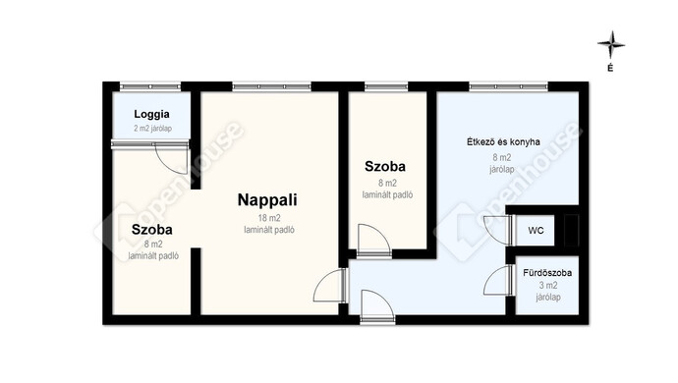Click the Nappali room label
[x=267, y=200]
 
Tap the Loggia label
[x=151, y=115]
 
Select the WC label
[x=536, y=231]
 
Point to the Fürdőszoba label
[x=547, y=273]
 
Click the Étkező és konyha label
[x=503, y=141]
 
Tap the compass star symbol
[x=611, y=44]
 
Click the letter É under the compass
[x=610, y=68]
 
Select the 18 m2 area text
[x=269, y=219]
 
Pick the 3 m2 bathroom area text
[x=548, y=286]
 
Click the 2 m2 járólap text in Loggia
[x=152, y=129]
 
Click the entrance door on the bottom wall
[x=377, y=307]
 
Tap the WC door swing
[x=497, y=230]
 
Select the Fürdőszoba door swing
[x=497, y=281]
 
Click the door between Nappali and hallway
[x=329, y=286]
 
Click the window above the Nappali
[x=271, y=86]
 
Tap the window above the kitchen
[x=509, y=86]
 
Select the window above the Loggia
[x=150, y=86]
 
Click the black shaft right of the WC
[x=571, y=230]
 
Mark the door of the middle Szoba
[x=373, y=241]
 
